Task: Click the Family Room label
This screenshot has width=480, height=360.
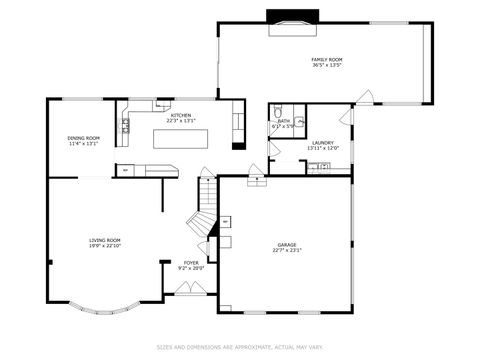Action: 326,60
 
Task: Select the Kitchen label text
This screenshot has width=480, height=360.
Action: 181,115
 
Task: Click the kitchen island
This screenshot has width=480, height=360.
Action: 180,138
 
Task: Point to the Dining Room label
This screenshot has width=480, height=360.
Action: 83,138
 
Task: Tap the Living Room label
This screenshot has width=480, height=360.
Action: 105,240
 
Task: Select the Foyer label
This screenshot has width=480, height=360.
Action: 190,262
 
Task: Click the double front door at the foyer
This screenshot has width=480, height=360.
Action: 190,288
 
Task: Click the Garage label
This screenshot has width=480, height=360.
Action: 287,244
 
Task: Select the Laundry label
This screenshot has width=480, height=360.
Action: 322,142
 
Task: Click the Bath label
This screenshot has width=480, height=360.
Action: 284,121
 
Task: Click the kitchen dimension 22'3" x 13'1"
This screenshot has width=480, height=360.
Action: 181,121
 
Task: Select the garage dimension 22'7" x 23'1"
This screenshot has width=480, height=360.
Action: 287,250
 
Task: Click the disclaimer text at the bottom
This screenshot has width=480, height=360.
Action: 240,348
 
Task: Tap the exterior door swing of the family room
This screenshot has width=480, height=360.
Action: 366,98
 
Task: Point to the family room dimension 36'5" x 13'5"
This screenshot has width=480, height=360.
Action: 326,66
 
